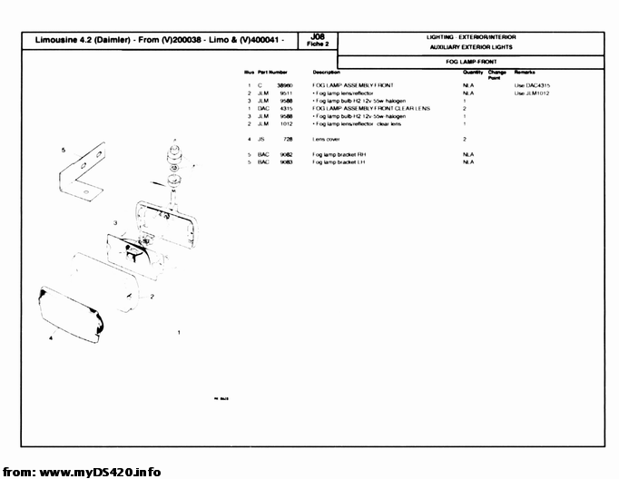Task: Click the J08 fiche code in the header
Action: [x=317, y=37]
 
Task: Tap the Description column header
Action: [x=326, y=71]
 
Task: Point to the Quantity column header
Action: [x=472, y=71]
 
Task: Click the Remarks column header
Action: [x=526, y=71]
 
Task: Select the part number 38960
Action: [x=284, y=85]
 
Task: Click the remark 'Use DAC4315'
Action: [x=532, y=85]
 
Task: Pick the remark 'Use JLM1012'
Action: [x=532, y=93]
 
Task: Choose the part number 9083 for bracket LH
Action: [x=285, y=161]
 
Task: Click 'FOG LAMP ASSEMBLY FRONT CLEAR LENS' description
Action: [x=370, y=108]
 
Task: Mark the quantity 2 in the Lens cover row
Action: [x=464, y=139]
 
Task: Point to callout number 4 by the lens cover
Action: [x=50, y=337]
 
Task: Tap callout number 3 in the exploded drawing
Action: [x=115, y=222]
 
